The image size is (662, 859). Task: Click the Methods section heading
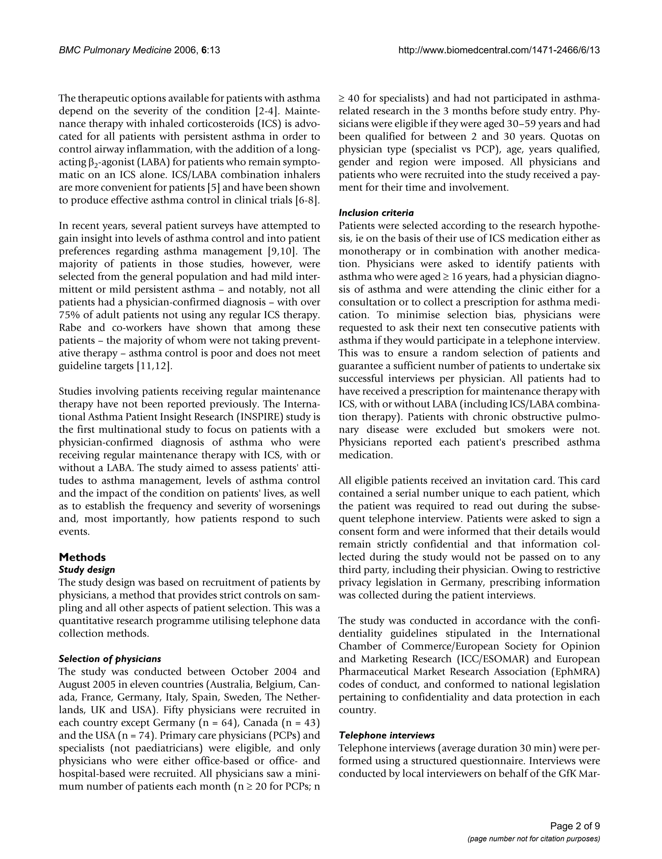pyautogui.click(x=82, y=557)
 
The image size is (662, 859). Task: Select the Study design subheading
pyautogui.click(x=87, y=570)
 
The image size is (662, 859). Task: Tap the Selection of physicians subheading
pyautogui.click(x=110, y=658)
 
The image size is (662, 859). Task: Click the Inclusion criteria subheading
pyautogui.click(x=376, y=213)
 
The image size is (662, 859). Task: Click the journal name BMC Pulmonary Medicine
pyautogui.click(x=115, y=50)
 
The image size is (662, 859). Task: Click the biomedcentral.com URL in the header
pyautogui.click(x=499, y=50)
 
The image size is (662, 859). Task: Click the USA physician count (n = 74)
pyautogui.click(x=130, y=735)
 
